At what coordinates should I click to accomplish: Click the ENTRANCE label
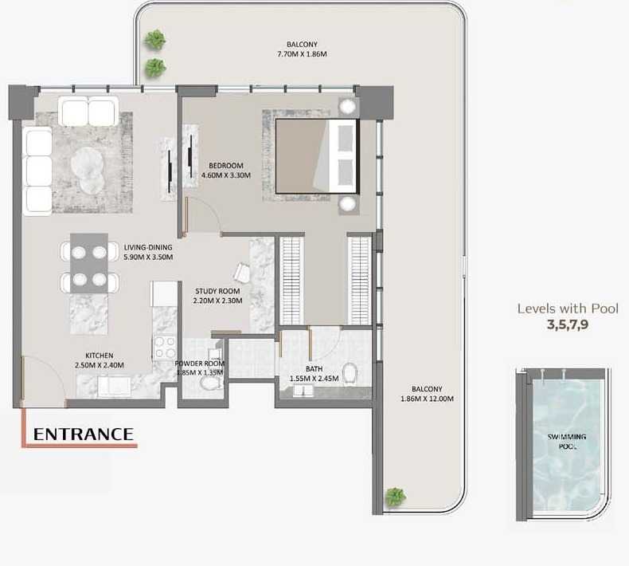point(84,434)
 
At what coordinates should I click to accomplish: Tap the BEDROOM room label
point(226,166)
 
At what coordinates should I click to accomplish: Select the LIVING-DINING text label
point(148,247)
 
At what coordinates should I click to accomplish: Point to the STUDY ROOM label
point(217,291)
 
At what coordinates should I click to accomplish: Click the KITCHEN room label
point(99,356)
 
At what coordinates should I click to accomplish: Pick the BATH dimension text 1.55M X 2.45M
point(314,379)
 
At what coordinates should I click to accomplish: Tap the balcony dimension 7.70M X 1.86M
point(302,54)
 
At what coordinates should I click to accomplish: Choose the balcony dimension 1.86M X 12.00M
point(427,399)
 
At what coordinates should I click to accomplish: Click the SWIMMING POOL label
point(567,441)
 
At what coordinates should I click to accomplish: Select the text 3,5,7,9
point(568,324)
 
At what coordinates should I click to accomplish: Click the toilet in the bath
point(350,373)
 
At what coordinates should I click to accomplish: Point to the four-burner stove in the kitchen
point(165,348)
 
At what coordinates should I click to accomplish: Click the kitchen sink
point(115,387)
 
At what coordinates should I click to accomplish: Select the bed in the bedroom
point(316,156)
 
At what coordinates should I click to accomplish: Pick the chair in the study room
point(242,273)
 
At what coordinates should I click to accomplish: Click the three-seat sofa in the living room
point(37,171)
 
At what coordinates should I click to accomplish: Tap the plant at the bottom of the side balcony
point(396,497)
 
